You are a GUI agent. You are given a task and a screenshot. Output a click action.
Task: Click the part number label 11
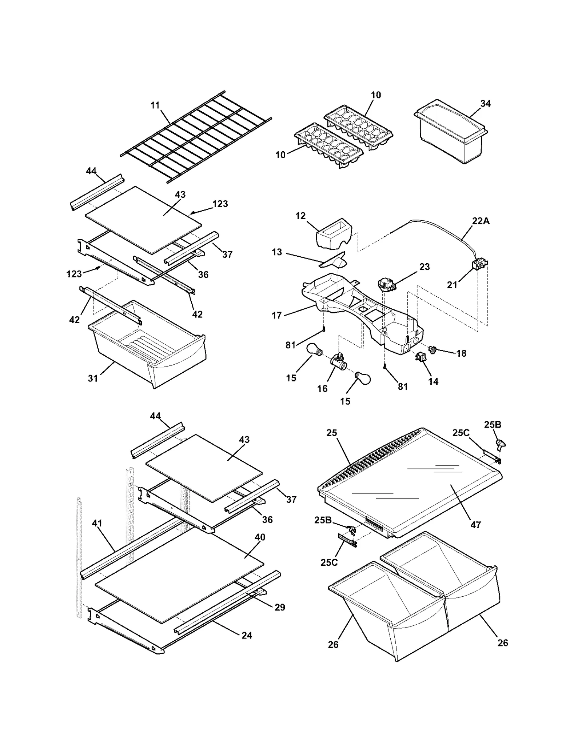click(155, 105)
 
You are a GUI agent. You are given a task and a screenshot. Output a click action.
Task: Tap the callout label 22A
click(481, 221)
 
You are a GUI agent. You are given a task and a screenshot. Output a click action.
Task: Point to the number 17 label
click(277, 315)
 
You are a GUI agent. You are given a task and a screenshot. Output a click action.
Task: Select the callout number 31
click(93, 378)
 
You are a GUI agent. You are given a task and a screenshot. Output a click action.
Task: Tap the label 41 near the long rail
click(97, 523)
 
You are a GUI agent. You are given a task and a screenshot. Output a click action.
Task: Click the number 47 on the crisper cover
click(476, 525)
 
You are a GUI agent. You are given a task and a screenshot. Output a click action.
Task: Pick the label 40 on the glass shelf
click(260, 537)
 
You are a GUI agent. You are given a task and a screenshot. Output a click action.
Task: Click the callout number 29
click(280, 607)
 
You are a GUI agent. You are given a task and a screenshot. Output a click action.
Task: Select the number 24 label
click(247, 635)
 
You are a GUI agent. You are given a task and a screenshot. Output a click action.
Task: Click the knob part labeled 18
click(433, 349)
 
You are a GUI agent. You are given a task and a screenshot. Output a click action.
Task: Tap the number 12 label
click(300, 216)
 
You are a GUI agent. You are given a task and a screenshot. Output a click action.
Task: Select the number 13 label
click(277, 252)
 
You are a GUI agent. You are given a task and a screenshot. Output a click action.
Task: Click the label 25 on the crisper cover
click(332, 433)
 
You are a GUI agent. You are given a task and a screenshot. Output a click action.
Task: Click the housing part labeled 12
click(334, 234)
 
